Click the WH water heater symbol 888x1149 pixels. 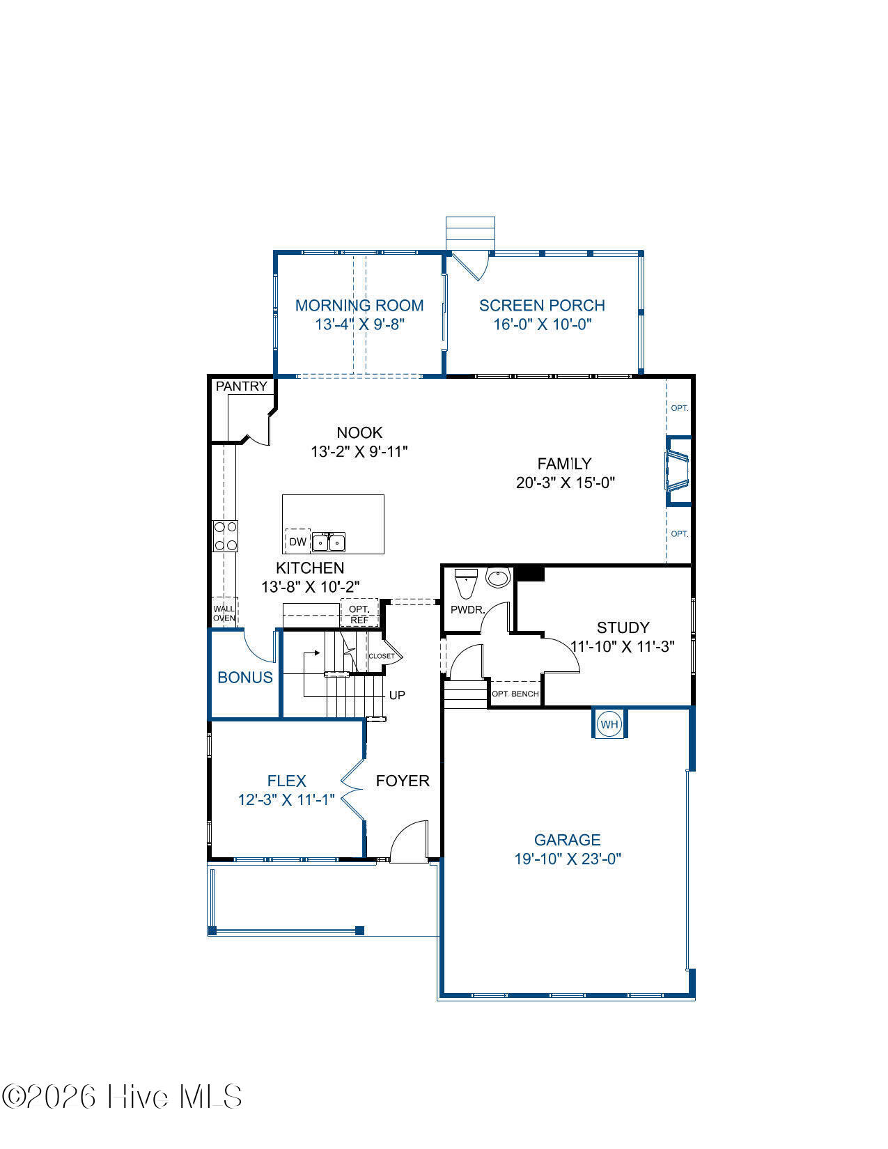coord(609,724)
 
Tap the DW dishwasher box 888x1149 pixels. coord(297,541)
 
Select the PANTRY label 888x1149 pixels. coord(241,386)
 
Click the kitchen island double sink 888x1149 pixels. coord(328,542)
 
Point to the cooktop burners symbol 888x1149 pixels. coord(225,536)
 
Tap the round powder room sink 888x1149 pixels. coord(498,577)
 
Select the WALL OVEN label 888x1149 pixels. coord(224,613)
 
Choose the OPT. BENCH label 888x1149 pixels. coord(515,694)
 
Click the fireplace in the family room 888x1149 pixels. coord(678,471)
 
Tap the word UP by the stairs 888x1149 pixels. coord(397,695)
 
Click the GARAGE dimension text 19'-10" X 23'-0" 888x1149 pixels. coord(568,859)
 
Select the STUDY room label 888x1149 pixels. coord(623,627)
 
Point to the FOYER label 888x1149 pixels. coord(403,781)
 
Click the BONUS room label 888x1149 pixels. coord(245,678)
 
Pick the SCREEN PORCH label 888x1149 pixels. coord(542,305)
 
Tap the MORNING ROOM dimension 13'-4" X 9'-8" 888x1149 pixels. coord(359,325)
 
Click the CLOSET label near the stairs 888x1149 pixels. coord(382,656)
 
